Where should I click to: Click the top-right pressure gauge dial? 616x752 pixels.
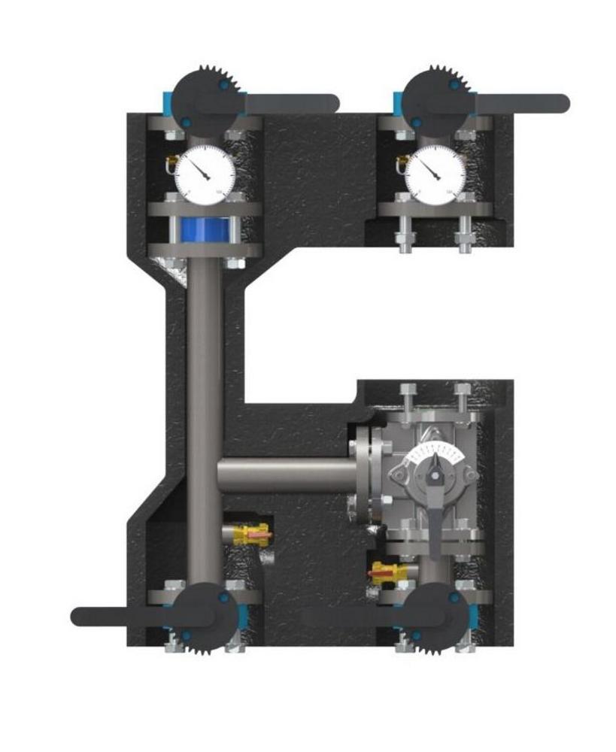point(435,171)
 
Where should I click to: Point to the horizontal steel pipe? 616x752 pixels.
point(286,476)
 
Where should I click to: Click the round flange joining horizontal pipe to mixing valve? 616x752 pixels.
point(365,475)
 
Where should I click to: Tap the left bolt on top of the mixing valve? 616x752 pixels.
point(408,399)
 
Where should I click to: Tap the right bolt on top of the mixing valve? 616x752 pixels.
point(462,399)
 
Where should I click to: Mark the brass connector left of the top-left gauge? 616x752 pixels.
point(170,160)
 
